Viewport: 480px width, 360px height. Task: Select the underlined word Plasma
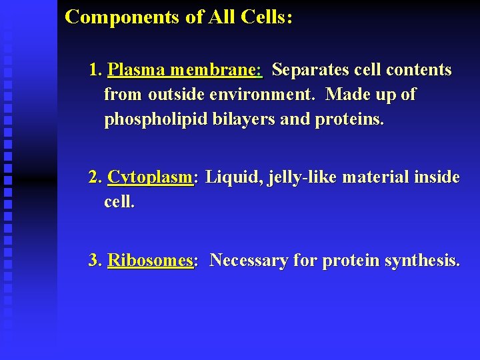pyautogui.click(x=136, y=70)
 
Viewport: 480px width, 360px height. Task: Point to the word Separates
pyautogui.click(x=309, y=70)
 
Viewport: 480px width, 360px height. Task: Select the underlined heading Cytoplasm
pyautogui.click(x=151, y=178)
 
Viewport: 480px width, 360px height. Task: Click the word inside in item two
pyautogui.click(x=437, y=178)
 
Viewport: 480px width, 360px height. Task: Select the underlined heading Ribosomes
pyautogui.click(x=151, y=261)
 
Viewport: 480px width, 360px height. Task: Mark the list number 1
pyautogui.click(x=95, y=70)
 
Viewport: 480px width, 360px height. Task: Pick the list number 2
pyautogui.click(x=95, y=178)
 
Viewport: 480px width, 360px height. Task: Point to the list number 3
pyautogui.click(x=95, y=261)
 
